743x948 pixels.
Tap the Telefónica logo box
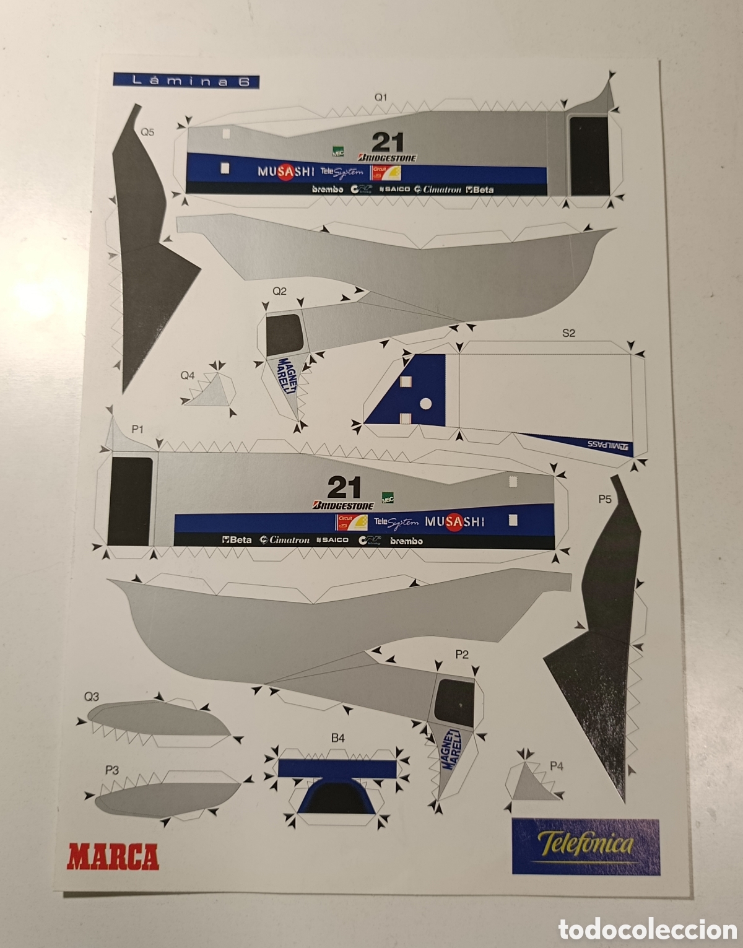585,846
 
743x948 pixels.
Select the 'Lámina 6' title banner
186,81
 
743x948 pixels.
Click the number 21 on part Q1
388,142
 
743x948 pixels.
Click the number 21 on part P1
344,488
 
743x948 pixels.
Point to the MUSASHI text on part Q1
285,172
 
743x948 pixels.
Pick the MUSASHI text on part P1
454,521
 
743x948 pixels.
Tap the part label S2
568,333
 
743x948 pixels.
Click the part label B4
337,737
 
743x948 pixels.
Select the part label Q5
147,131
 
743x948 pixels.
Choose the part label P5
604,498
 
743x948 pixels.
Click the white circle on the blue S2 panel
425,404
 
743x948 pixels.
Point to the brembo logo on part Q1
327,189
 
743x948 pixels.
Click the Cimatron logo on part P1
285,540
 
